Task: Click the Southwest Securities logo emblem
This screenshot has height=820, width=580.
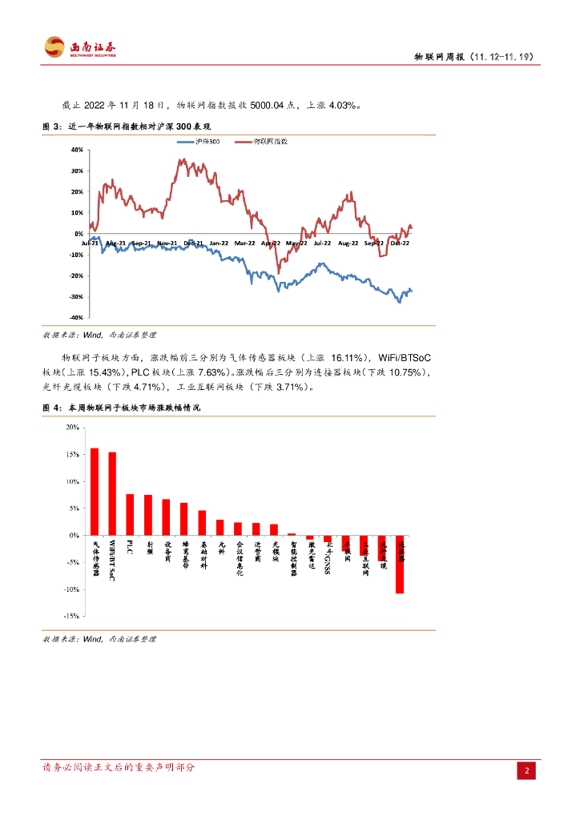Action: click(54, 47)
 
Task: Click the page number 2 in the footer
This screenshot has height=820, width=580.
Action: click(527, 770)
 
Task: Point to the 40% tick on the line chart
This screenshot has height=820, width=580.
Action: click(77, 150)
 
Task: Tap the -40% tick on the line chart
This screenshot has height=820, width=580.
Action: click(76, 318)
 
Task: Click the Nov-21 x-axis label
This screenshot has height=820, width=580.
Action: click(167, 242)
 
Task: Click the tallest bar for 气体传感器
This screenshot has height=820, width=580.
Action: click(95, 491)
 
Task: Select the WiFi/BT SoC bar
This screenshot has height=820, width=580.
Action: click(112, 493)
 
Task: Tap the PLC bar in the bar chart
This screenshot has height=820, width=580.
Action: click(130, 514)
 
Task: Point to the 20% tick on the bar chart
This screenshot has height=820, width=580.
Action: click(71, 428)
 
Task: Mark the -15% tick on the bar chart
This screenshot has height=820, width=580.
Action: click(70, 616)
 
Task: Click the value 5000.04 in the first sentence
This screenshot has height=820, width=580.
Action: click(271, 104)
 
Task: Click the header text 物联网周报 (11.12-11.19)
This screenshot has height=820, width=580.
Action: click(473, 58)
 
